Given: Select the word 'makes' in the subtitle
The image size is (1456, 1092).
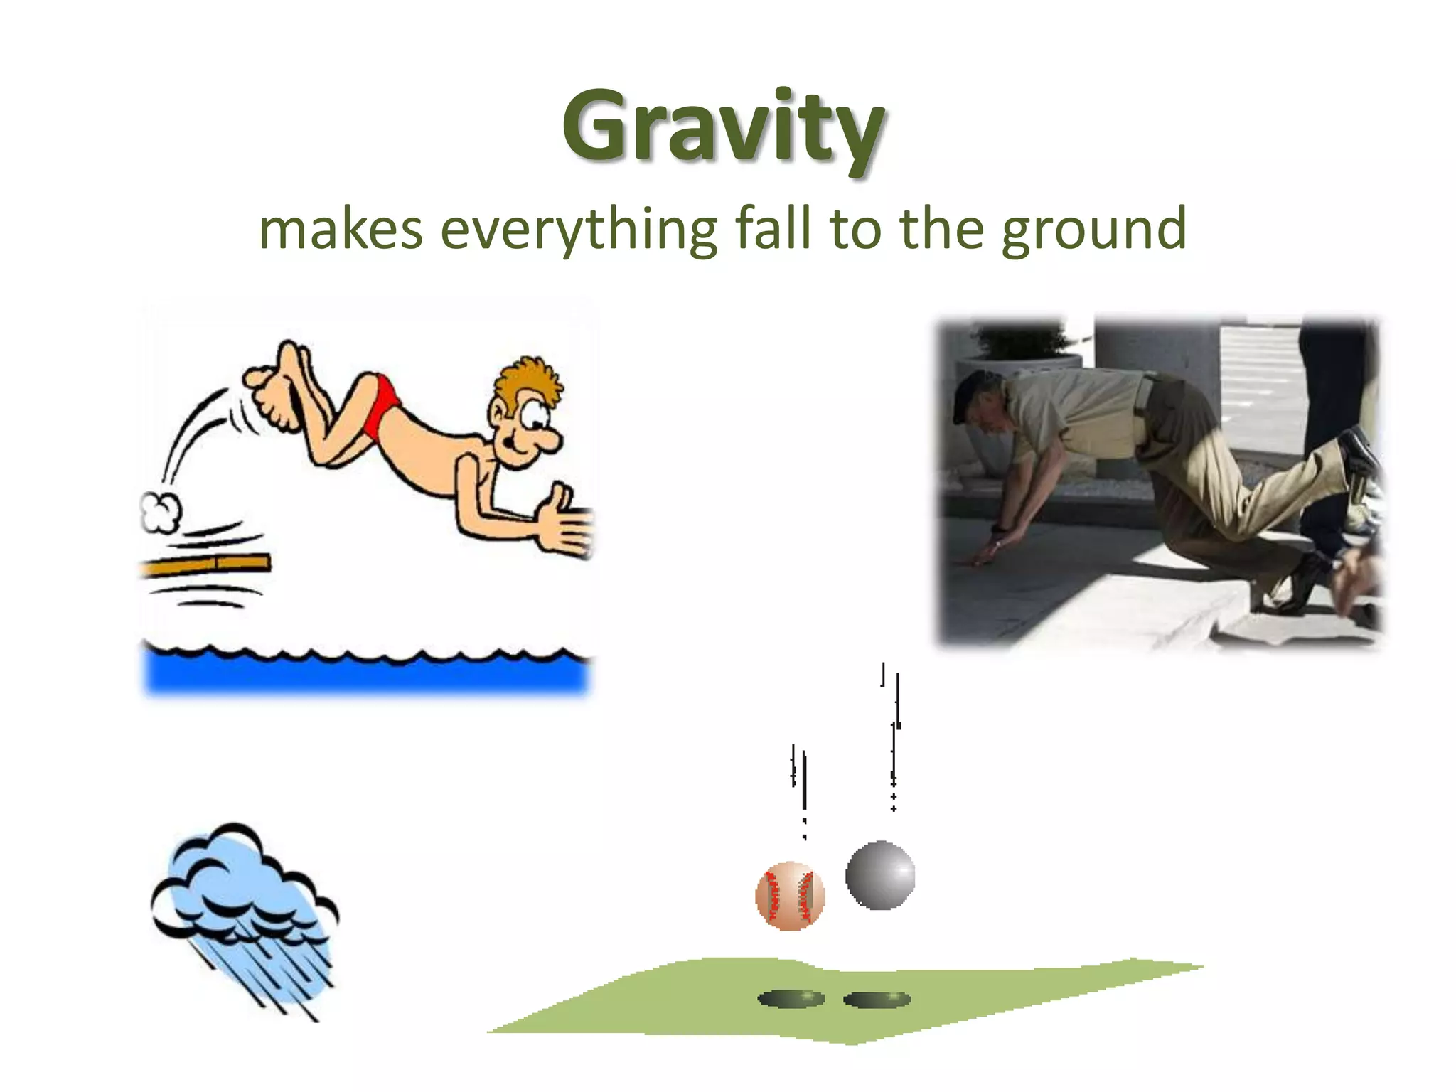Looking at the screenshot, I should pos(341,229).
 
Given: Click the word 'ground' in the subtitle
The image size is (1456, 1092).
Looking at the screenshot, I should pos(1094,230).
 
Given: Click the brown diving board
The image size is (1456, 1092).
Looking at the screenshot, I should pos(206,565).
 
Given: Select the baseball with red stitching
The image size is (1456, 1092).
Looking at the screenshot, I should pos(790,896).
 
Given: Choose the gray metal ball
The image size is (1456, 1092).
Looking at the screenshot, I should pos(880,875).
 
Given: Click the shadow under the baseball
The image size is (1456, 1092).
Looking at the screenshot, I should pos(791,999).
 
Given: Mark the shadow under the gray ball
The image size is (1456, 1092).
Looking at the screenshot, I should pos(877,1000).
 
